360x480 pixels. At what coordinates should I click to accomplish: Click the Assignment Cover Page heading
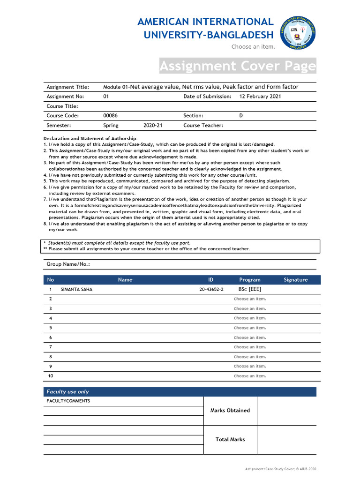(238, 67)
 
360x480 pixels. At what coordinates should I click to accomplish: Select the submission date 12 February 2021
(260, 97)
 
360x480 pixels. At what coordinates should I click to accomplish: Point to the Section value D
(241, 116)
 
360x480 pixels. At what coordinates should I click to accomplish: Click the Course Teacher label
(203, 126)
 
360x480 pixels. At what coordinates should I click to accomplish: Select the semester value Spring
(111, 126)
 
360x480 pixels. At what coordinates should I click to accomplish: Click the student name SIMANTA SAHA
(76, 290)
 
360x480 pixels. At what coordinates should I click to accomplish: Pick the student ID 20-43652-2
(211, 290)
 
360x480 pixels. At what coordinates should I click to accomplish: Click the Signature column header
(296, 280)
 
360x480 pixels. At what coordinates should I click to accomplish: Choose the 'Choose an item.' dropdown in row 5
(249, 328)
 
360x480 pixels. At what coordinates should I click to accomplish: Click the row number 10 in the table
(52, 376)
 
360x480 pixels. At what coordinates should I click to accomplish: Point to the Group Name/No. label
(68, 264)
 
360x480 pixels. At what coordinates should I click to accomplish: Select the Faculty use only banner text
(67, 392)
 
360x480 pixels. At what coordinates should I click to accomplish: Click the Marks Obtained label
(230, 411)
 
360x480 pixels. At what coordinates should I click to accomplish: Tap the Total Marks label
(230, 440)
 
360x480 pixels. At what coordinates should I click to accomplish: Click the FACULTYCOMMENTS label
(68, 401)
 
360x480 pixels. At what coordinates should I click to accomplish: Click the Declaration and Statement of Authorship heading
(90, 139)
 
